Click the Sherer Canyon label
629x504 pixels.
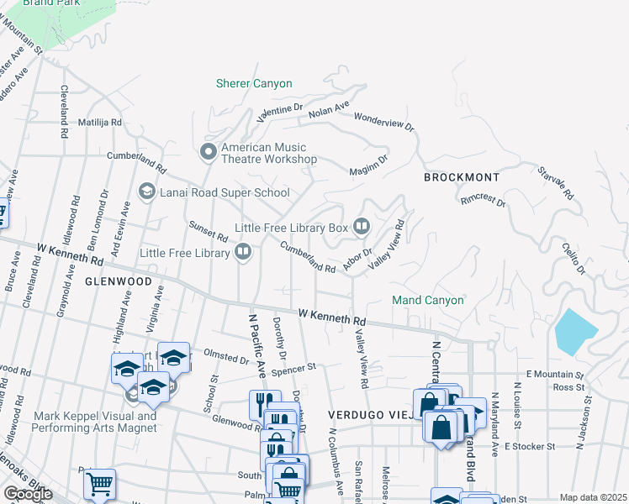click(x=254, y=83)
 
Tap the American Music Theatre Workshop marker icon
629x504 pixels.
click(x=208, y=152)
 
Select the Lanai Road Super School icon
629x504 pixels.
click(x=146, y=192)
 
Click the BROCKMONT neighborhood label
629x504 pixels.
click(x=461, y=178)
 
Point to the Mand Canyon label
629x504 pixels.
click(x=427, y=300)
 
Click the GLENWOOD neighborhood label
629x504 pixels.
click(x=117, y=281)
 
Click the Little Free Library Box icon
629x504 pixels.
click(x=362, y=227)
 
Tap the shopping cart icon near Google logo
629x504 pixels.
click(x=99, y=483)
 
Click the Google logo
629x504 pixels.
click(x=27, y=494)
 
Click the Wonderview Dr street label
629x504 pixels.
click(x=384, y=122)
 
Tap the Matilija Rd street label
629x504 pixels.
click(x=100, y=122)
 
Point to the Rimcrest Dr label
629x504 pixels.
click(x=483, y=202)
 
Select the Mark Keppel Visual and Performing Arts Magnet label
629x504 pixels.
click(x=94, y=422)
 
